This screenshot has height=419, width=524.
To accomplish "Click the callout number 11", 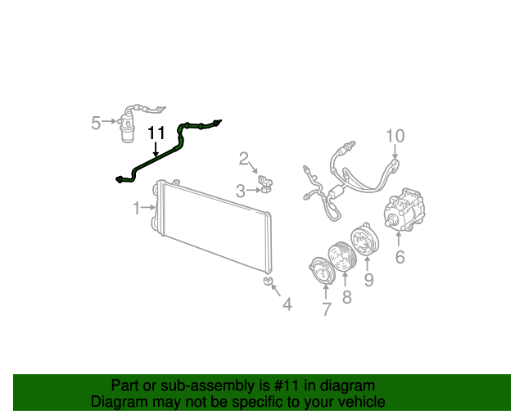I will click(x=156, y=133).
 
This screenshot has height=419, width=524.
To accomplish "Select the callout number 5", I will click(x=96, y=123).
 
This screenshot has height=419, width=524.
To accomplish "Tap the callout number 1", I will click(x=138, y=209).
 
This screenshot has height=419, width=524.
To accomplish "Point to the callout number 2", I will click(x=243, y=158).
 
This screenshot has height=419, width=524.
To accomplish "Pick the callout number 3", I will click(x=241, y=191).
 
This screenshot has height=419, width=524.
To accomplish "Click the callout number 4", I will click(x=287, y=304).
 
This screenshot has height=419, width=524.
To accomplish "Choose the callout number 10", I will click(x=395, y=135).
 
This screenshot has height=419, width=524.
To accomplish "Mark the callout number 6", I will click(x=400, y=258).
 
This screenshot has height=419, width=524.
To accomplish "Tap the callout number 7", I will click(x=326, y=309).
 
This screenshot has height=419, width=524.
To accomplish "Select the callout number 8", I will click(x=346, y=297).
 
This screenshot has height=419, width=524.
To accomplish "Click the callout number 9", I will click(x=368, y=281).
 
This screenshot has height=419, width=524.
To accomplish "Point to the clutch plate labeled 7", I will click(x=315, y=271).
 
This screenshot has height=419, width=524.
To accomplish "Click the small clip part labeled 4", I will click(x=268, y=282).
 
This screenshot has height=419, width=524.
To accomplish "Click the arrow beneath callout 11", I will click(x=156, y=149).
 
